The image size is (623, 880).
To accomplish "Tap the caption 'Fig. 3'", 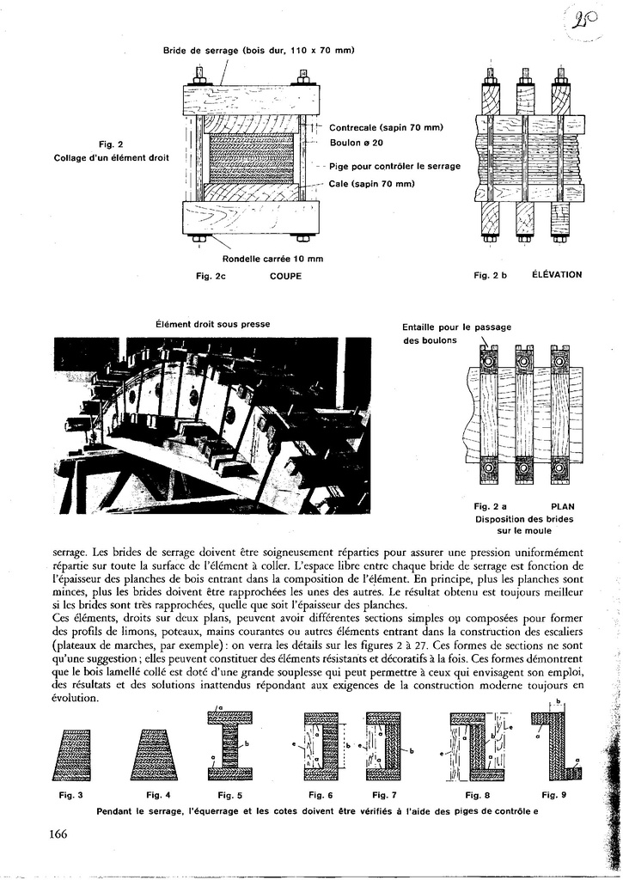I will [x=70, y=795].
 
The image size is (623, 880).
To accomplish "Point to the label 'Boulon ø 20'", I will [x=356, y=143].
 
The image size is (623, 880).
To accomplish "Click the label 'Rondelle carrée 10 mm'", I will [x=272, y=259].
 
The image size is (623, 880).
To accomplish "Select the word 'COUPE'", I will [x=285, y=276].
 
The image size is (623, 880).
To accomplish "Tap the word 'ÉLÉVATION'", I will [x=557, y=275].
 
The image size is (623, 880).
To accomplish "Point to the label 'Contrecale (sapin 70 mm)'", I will [x=386, y=127].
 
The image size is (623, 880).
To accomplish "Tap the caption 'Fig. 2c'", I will [x=211, y=276].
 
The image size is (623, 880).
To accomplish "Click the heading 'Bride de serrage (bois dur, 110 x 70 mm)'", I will [x=259, y=51].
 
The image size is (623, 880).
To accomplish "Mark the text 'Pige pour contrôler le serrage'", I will [x=394, y=166].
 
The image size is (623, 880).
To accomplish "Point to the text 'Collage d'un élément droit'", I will [x=111, y=158].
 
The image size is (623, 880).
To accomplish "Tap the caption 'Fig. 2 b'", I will [x=491, y=275].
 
